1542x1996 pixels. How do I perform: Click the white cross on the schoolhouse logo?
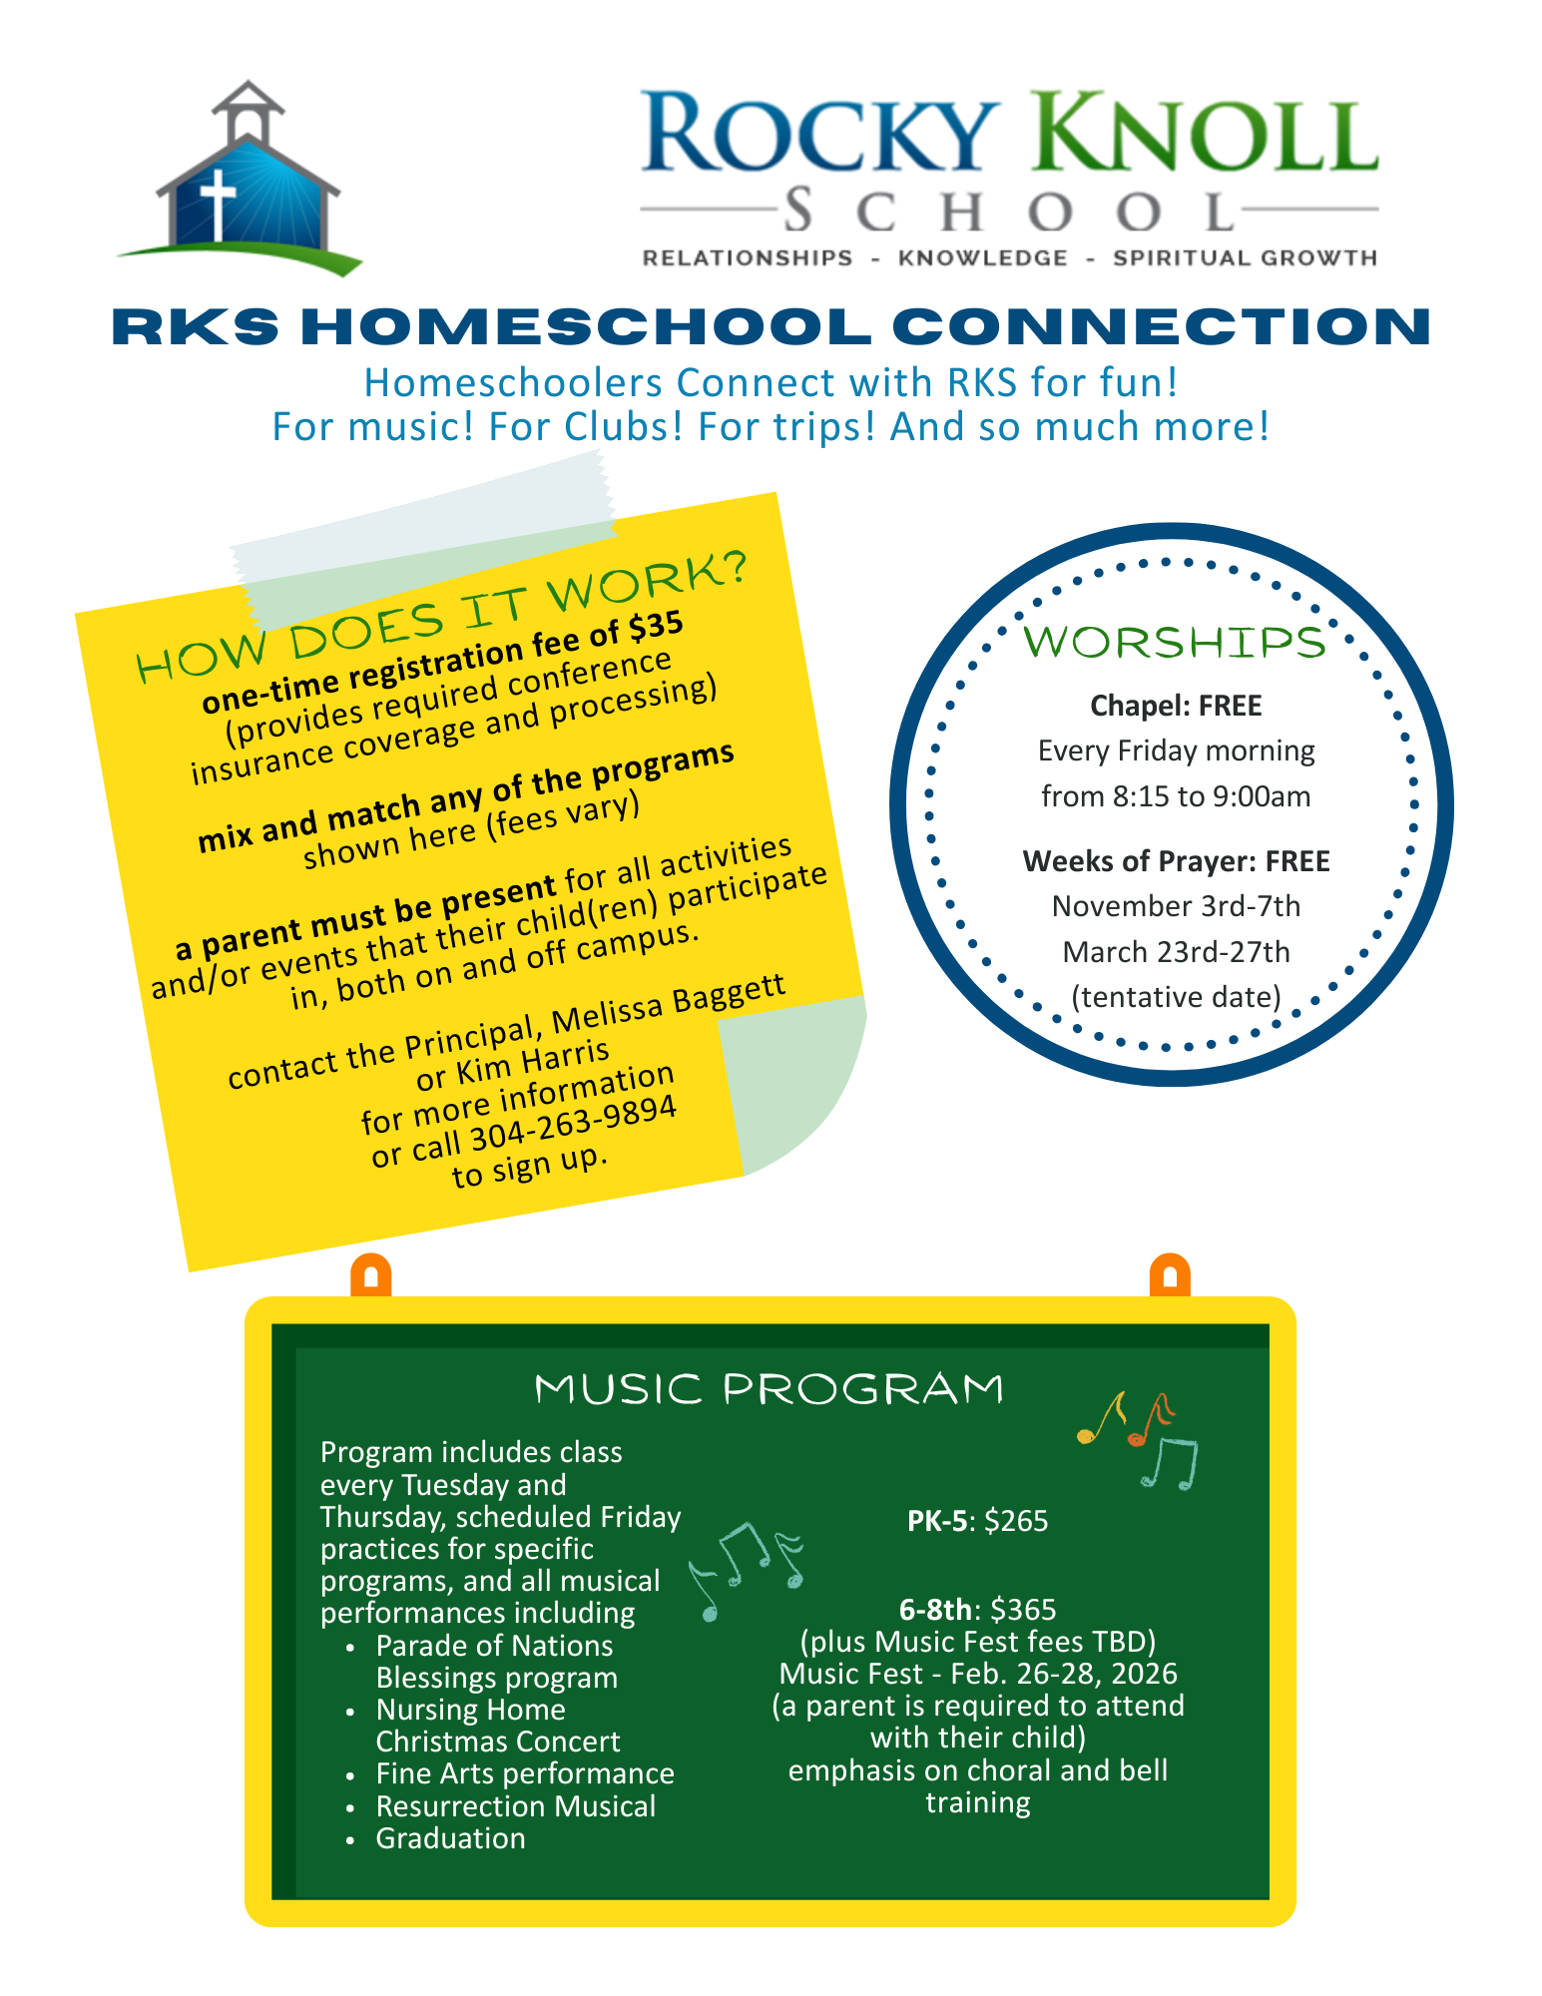click(x=217, y=203)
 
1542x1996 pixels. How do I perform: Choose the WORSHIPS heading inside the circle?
click(x=1175, y=643)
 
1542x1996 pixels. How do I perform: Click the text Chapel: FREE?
click(x=1176, y=706)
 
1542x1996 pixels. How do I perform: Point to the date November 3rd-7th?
click(x=1176, y=906)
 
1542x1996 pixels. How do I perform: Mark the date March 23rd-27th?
click(x=1176, y=952)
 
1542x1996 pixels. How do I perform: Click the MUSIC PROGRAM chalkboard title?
click(x=769, y=1389)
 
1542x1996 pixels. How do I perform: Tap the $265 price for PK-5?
click(x=1016, y=1521)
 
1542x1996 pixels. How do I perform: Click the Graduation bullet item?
click(x=450, y=1838)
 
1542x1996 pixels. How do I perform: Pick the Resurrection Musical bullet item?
click(x=515, y=1806)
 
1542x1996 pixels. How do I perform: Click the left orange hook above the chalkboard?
click(x=371, y=1276)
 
